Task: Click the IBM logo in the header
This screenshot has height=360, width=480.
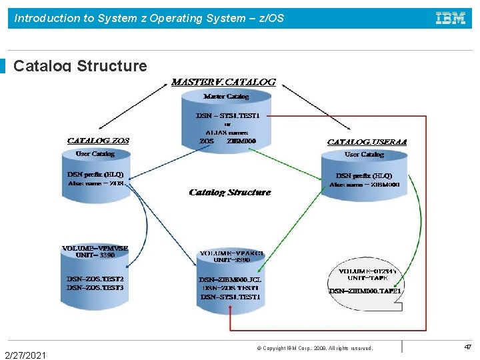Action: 451,18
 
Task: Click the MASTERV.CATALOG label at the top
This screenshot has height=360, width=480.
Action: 223,82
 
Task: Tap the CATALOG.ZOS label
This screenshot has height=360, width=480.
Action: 98,141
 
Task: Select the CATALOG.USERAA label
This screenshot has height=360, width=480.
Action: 367,142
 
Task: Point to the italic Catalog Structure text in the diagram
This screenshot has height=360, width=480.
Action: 230,193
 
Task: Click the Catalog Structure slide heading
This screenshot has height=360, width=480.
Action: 80,65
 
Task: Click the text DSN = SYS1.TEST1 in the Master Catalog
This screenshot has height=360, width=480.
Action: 227,115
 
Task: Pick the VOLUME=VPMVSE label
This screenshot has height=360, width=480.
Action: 95,248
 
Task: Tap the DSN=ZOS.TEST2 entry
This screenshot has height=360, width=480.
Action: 95,279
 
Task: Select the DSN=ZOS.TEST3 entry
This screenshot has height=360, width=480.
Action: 95,287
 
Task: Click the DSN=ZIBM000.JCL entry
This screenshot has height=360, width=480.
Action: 230,279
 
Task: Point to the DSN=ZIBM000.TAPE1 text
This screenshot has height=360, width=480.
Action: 365,291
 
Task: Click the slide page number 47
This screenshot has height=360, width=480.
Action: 467,347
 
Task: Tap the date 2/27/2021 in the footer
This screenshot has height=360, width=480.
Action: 25,355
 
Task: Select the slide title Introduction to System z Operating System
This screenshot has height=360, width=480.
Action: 149,18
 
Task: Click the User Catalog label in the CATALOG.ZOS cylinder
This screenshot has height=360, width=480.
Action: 95,154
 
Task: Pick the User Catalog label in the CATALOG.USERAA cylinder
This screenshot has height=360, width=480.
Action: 364,155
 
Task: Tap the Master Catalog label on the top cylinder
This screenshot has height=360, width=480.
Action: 226,97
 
